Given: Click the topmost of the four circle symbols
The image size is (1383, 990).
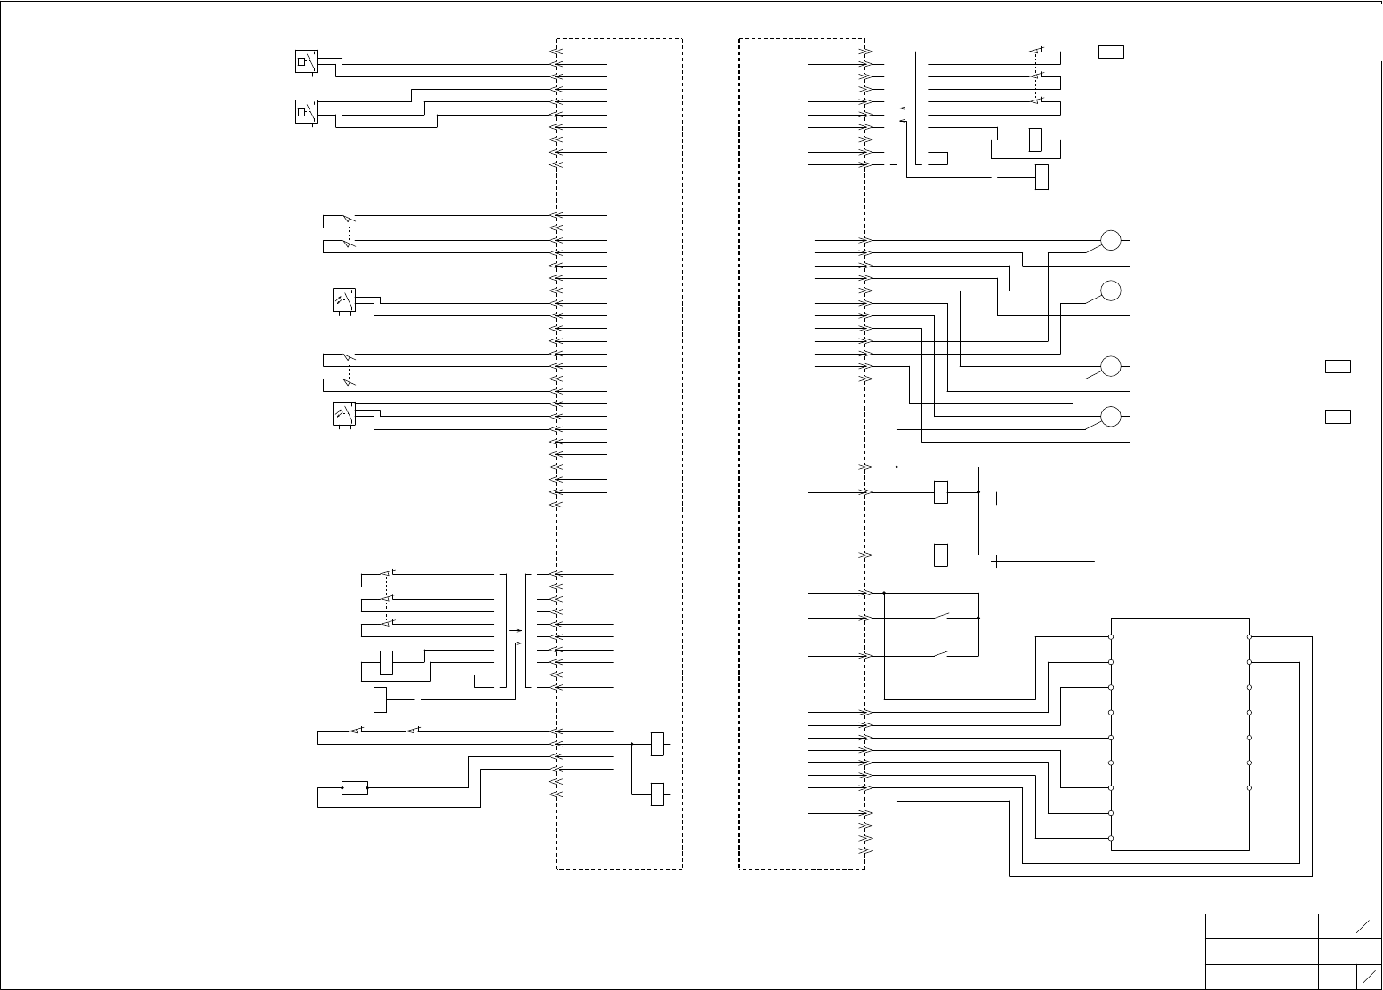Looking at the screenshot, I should coord(1111,241).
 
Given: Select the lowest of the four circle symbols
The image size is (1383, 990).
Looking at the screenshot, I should coord(1111,417).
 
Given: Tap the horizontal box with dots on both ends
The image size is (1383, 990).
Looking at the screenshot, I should coord(355,787).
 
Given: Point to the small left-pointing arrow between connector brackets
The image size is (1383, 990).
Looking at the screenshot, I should coord(904,108).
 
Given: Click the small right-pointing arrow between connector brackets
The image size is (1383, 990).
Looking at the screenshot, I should coord(516,630).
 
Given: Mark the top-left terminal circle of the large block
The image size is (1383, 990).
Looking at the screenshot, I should coord(1112,637).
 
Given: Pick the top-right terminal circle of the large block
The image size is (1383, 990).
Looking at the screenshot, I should coord(1250,637).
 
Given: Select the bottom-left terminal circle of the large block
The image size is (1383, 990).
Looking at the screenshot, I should coord(1112,838).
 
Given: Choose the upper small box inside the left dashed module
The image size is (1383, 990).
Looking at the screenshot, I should coord(657,744).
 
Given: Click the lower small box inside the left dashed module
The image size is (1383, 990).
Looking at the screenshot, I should coord(657,794).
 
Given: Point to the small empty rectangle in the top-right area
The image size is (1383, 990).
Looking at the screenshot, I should coord(1111,52).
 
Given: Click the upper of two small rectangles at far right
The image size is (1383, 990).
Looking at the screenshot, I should coord(1338,366).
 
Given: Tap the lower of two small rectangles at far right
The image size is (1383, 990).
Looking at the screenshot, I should coord(1338,417).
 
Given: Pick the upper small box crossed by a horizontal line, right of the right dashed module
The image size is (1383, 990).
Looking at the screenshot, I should coord(941,491).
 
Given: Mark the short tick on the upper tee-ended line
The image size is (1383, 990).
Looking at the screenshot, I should coord(997,499).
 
